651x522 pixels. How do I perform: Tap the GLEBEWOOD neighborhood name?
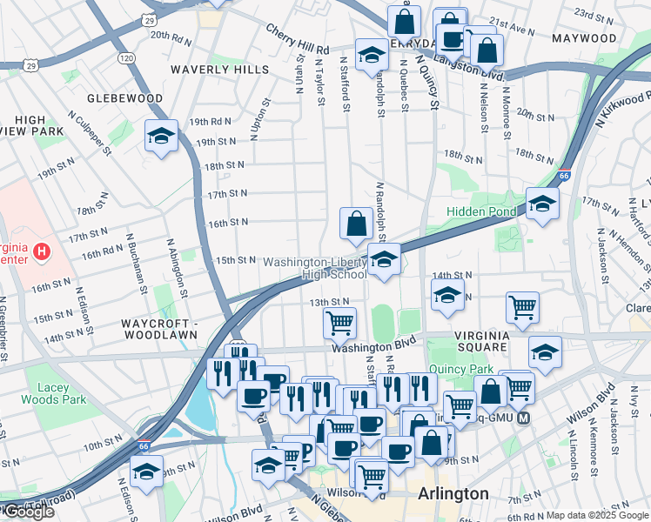124,98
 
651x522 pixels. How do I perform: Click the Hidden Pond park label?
480,211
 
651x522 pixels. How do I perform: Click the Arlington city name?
453,493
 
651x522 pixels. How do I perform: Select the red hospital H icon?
40,253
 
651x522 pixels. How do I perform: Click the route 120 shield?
126,57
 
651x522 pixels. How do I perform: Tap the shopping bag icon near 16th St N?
357,223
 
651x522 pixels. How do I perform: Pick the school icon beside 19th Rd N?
161,136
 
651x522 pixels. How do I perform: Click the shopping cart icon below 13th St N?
339,322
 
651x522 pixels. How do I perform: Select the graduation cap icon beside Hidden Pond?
542,204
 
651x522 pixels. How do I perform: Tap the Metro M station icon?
524,418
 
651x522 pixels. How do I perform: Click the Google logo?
28,512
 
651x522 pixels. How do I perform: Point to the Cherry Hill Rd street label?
298,30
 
